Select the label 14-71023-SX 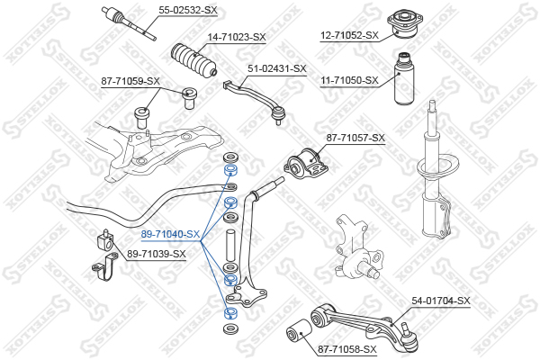point(237,37)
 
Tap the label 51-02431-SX point(276,68)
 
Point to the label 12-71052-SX point(349,36)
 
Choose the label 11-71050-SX point(349,81)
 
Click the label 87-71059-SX point(130,81)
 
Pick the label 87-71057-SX point(355,138)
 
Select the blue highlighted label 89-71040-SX point(170,234)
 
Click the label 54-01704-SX point(441,301)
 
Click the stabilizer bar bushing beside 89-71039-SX point(103,243)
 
